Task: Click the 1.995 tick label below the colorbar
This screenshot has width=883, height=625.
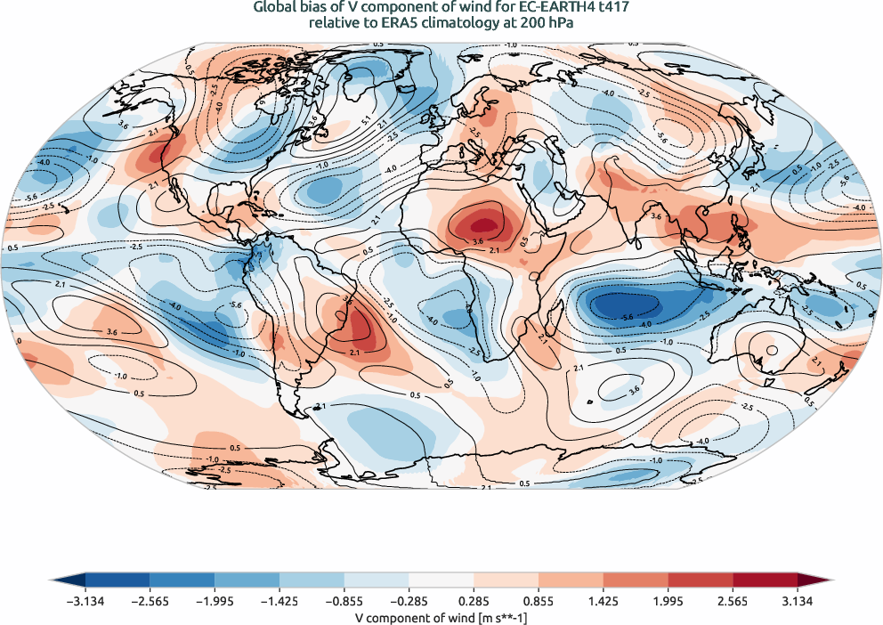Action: [x=669, y=601]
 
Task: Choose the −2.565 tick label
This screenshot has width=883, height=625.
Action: [x=150, y=601]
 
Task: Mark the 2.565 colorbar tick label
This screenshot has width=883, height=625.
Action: [x=734, y=601]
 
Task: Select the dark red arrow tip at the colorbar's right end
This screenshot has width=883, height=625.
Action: [x=825, y=580]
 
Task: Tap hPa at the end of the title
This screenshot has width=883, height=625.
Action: [x=562, y=24]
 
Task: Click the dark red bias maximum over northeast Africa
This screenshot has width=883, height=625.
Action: [x=482, y=222]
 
